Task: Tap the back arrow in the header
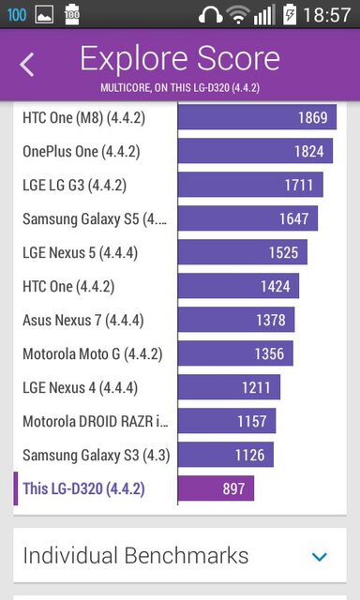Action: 27,64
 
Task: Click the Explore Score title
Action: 180,58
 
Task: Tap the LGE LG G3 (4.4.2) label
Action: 74,185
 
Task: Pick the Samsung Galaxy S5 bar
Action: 247,218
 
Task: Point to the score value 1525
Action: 283,252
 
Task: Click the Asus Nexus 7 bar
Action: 236,320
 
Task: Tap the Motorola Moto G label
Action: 92,353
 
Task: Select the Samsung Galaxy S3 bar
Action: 226,455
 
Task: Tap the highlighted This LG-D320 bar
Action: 216,488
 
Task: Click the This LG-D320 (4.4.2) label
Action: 83,488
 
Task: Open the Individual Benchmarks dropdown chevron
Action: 320,556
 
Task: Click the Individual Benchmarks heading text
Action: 136,555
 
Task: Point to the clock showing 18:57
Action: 329,14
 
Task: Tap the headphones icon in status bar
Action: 212,14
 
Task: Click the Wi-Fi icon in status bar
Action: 240,14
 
